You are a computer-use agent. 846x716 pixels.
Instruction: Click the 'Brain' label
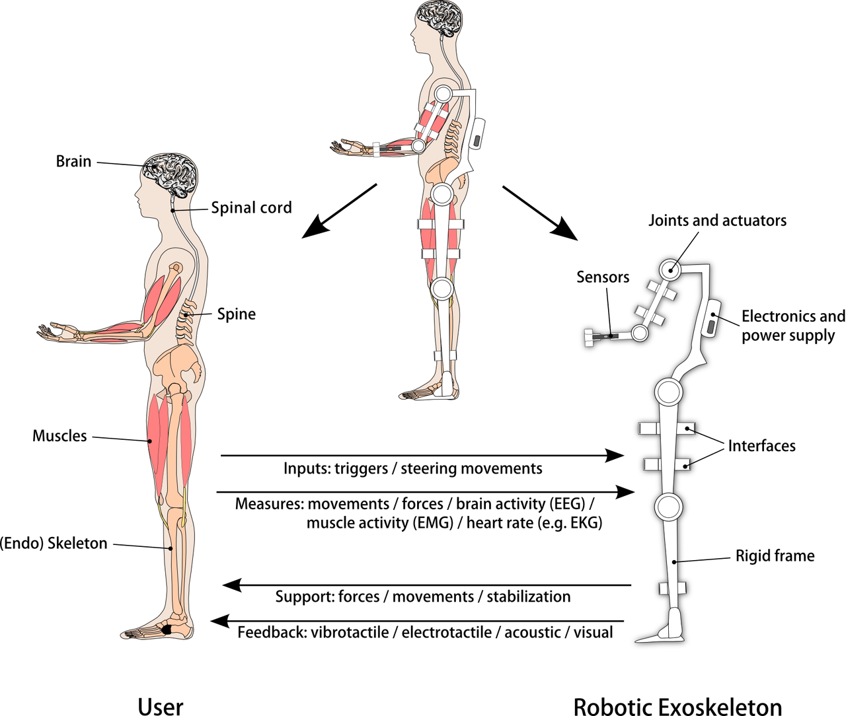[x=73, y=162]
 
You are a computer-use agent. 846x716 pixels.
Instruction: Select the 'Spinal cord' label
[x=251, y=208]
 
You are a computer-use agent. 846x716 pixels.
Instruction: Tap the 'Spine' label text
[x=236, y=314]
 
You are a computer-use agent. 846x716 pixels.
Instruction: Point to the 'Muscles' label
[x=59, y=436]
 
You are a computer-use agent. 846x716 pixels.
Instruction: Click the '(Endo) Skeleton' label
[x=54, y=544]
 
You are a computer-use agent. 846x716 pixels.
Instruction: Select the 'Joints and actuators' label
[x=717, y=221]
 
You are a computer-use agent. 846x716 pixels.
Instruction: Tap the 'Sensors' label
[x=602, y=277]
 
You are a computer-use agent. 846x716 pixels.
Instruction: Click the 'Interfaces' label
[x=761, y=447]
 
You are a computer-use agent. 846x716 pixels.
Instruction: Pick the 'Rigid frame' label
[x=775, y=556]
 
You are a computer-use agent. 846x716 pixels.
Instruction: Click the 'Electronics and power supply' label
[x=792, y=326]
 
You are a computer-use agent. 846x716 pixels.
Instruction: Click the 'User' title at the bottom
[x=161, y=705]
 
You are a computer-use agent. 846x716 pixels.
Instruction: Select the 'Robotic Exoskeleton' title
[x=677, y=705]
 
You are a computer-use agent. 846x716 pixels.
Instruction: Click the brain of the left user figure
[x=171, y=173]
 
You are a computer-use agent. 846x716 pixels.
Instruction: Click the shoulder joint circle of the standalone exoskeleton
[x=670, y=269]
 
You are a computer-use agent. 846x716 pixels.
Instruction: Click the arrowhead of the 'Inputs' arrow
[x=617, y=455]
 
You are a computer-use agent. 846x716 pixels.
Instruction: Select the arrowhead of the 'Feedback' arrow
[x=219, y=621]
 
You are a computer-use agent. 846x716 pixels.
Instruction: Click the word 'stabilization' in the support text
[x=529, y=597]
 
